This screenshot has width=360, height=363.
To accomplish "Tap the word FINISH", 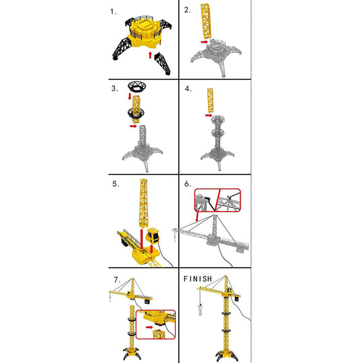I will click(198, 279).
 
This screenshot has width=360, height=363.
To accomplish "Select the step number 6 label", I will click(188, 183).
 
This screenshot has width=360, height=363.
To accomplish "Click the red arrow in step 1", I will click(151, 53).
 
